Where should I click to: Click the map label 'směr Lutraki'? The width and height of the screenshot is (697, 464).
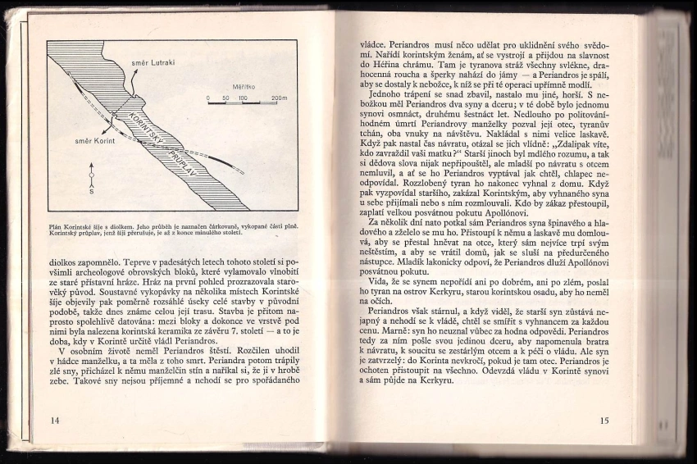point(151,62)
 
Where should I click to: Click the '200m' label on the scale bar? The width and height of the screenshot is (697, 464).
point(279,98)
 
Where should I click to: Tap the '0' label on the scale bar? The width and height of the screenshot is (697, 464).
point(208,98)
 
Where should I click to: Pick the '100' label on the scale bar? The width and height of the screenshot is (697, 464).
point(243,98)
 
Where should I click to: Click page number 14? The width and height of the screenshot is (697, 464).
point(56,420)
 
